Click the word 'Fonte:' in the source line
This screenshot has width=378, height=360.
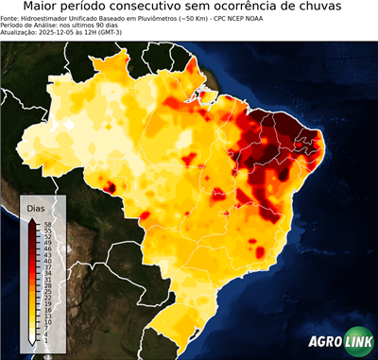coord(10,18)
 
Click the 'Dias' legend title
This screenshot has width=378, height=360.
coord(35,206)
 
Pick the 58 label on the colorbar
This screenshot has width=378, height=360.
coord(46,224)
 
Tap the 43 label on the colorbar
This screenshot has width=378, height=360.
coord(46,253)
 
